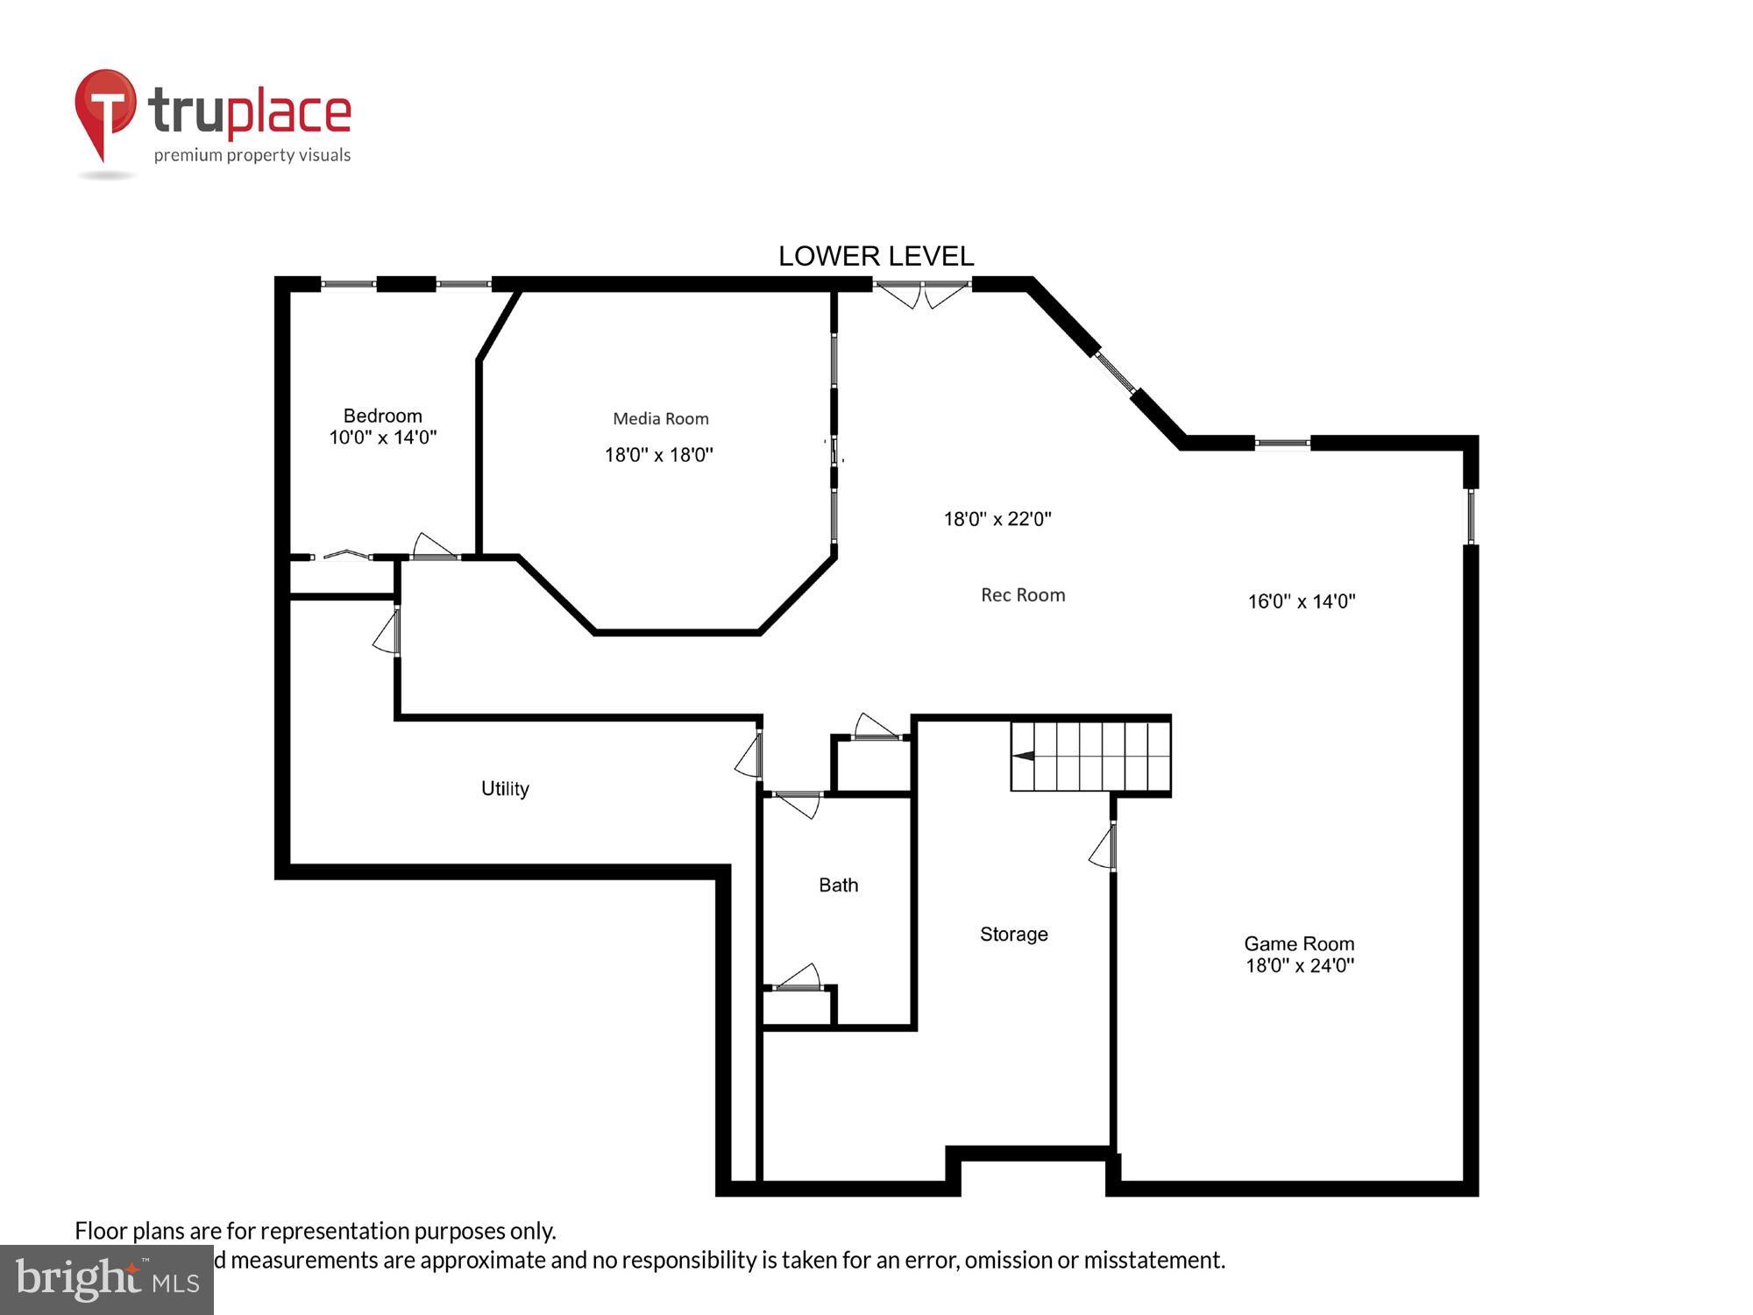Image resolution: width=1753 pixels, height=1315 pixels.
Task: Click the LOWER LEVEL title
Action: coord(876,256)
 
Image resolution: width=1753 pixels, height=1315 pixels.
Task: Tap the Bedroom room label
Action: coord(382,416)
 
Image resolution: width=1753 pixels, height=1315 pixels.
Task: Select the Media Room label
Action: coord(660,419)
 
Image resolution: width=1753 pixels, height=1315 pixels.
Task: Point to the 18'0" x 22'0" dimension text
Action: coord(997,519)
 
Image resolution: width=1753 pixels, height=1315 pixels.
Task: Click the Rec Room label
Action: coord(1023,595)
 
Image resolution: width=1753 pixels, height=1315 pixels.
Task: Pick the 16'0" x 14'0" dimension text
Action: coord(1302,601)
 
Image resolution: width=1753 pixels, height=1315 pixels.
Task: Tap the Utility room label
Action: coord(505,789)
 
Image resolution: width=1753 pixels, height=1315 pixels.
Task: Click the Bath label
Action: coord(838,885)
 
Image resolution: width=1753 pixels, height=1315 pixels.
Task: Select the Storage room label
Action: coord(1013,935)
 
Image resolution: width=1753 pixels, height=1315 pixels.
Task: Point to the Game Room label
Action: coord(1299,944)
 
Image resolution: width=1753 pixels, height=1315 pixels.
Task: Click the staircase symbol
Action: coord(1090,756)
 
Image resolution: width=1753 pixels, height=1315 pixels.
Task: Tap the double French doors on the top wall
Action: coord(921,292)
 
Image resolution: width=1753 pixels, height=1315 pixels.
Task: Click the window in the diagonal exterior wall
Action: coord(1115,372)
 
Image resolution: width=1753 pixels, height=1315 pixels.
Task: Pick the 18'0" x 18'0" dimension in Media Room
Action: coord(659,455)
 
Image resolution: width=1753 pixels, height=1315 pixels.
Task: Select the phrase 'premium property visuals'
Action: coord(252,156)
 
